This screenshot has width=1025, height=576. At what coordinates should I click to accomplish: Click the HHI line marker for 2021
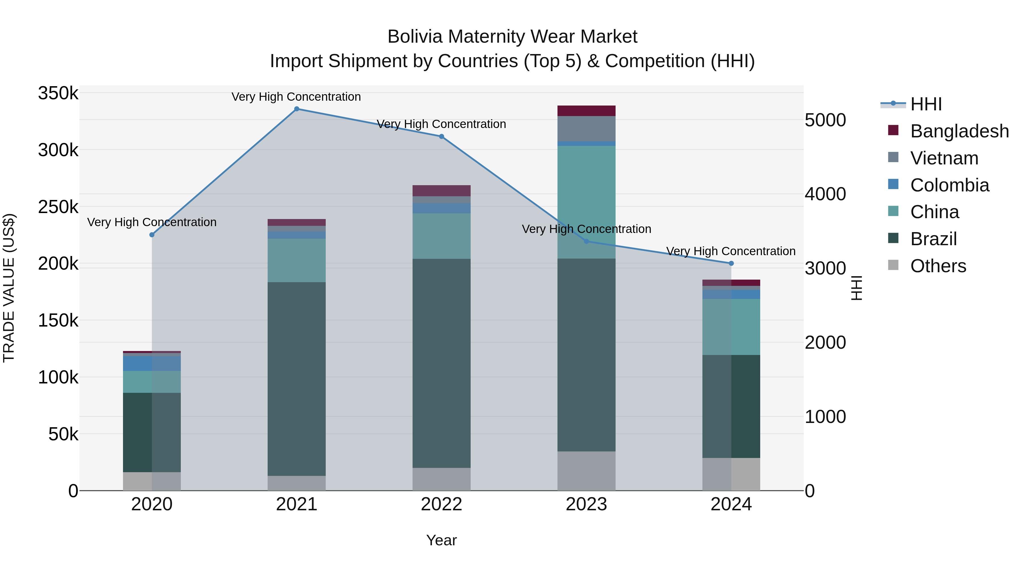(296, 109)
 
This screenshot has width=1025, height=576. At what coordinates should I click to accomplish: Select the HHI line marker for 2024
(731, 263)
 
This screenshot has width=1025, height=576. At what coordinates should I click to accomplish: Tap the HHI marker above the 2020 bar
(151, 235)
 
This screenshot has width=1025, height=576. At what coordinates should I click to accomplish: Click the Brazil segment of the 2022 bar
(441, 363)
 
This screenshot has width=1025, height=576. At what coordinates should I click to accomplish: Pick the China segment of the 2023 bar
(586, 202)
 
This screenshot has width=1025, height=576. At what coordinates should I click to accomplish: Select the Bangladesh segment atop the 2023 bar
(586, 111)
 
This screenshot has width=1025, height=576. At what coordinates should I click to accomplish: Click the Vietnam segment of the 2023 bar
(586, 128)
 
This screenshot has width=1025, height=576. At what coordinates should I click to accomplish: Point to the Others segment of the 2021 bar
(296, 483)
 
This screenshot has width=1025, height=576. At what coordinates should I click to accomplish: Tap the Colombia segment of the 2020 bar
(151, 363)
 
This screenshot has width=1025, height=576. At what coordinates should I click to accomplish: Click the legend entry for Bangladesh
(959, 131)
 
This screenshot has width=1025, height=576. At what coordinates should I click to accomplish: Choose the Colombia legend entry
(949, 185)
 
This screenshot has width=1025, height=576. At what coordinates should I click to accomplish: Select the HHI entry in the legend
(926, 104)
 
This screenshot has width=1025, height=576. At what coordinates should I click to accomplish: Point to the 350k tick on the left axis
(58, 94)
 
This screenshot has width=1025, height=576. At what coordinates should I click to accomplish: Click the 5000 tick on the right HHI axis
(825, 120)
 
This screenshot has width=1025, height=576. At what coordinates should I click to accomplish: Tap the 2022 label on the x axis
(441, 504)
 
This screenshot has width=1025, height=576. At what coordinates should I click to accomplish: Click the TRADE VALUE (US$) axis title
(9, 288)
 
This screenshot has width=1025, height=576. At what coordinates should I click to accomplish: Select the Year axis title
(441, 540)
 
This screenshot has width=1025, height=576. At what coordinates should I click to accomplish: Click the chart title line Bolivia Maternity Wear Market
(512, 37)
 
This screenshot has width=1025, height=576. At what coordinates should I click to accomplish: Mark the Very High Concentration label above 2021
(296, 97)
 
